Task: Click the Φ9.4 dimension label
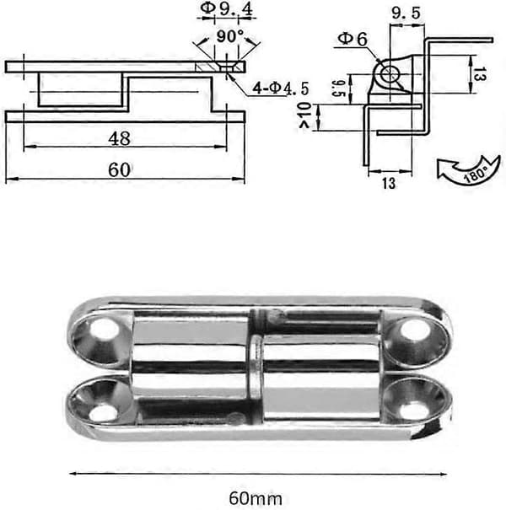click(226, 8)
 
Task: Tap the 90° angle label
click(230, 36)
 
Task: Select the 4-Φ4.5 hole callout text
click(281, 89)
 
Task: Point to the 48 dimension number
click(120, 138)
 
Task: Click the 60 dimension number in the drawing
click(120, 169)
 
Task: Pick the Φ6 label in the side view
click(353, 39)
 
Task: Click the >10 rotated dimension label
click(305, 115)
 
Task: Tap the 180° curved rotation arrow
click(469, 171)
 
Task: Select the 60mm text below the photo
click(256, 498)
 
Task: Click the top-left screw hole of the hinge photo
click(104, 331)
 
